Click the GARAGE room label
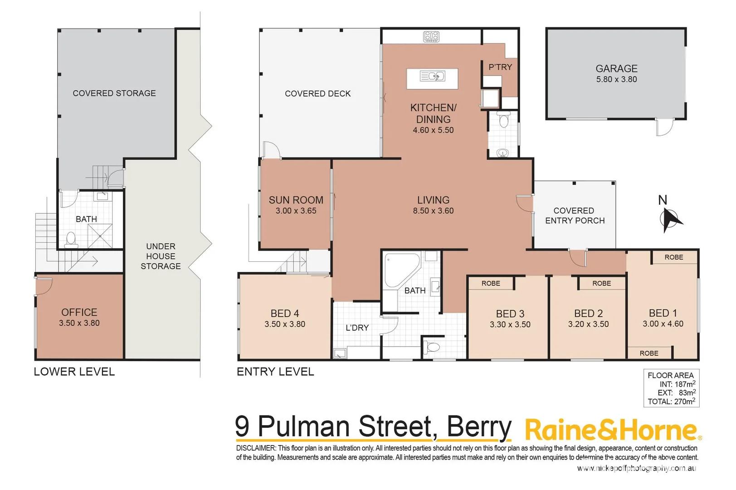616,69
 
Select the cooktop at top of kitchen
431,36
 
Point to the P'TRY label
500,67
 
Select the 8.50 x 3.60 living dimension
433,211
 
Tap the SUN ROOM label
296,200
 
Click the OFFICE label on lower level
79,312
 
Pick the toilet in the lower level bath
71,239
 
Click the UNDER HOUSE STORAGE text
161,256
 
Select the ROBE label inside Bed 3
491,283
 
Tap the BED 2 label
588,314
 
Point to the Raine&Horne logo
613,430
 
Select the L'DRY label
357,328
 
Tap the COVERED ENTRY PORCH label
575,216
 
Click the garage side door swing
664,127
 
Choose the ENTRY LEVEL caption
275,372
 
